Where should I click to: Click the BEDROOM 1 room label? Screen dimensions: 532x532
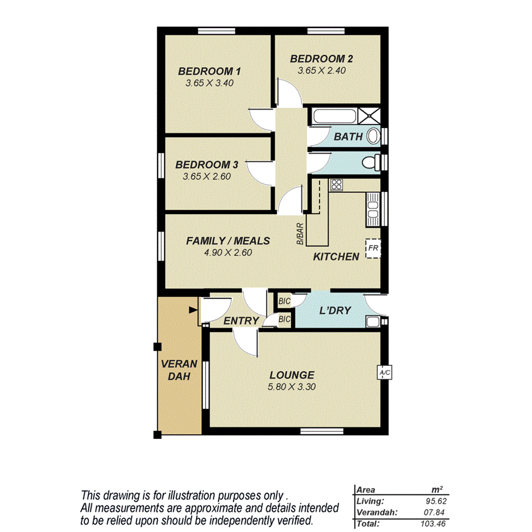pos(209,71)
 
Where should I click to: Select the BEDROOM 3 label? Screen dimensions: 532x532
pos(207,165)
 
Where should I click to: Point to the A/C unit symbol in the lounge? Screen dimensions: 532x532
pos(384,373)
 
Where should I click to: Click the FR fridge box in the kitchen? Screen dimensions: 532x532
pos(373,248)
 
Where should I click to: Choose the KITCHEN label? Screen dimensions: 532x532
pos(336,257)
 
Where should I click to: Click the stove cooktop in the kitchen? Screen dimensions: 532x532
pos(336,184)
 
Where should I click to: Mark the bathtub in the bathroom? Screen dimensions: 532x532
pos(334,117)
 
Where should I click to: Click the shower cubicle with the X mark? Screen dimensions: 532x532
pos(370,116)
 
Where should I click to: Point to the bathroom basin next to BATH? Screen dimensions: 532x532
pos(373,136)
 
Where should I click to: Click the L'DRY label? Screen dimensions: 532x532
pos(334,311)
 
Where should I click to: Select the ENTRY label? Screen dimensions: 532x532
pos(241,321)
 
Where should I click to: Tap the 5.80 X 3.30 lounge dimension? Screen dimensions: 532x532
pos(292,386)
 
